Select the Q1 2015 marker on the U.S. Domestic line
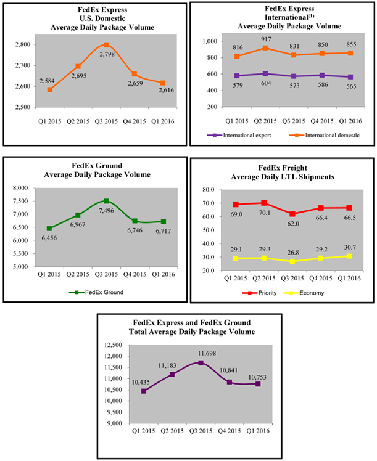pyautogui.click(x=49, y=89)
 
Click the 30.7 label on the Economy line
pyautogui.click(x=351, y=247)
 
